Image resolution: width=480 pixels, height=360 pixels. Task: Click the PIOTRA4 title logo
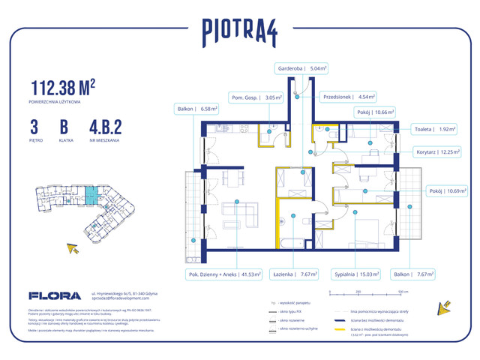click(240, 31)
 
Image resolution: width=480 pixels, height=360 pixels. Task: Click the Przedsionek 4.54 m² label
click(346, 97)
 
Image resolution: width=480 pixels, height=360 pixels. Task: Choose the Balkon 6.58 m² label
click(196, 109)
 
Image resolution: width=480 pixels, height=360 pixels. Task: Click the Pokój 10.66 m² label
click(393, 112)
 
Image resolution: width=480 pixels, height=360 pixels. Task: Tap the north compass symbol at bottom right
click(442, 307)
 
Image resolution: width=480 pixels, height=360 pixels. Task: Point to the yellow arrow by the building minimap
click(73, 248)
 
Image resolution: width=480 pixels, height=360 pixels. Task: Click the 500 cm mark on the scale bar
click(402, 292)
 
